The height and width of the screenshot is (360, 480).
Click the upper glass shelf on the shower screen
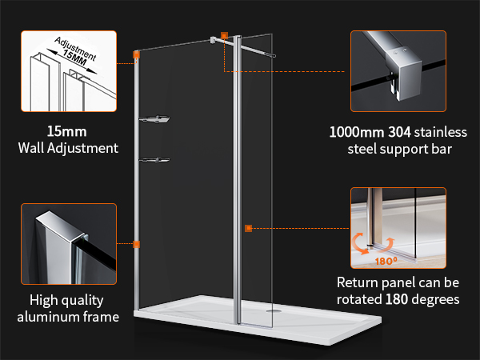coord(154,119)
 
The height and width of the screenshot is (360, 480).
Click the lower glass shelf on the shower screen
coord(154,160)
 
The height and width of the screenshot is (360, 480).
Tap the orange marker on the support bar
coord(224,36)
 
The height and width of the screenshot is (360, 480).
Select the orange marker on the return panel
coord(248,228)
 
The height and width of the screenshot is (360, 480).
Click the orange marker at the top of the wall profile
coord(136,54)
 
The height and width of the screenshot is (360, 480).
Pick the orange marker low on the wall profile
coord(136,244)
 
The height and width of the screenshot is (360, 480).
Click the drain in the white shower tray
coord(274,310)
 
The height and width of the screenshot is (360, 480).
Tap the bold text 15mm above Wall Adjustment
coord(66,132)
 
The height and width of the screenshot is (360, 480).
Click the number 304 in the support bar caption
coord(399,132)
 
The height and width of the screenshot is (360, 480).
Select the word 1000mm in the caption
coord(357,132)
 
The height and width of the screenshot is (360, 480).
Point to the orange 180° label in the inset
coord(386,261)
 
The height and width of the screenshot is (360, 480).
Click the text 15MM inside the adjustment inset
coord(75,58)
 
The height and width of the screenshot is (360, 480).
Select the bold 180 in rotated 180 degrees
coord(397,299)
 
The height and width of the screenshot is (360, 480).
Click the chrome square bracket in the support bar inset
coord(402,74)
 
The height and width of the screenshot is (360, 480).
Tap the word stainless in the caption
coord(441,132)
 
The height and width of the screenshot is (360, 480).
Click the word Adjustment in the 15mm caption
coord(82,148)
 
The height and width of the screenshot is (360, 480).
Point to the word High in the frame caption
coord(42,300)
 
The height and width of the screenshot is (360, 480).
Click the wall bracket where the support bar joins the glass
coord(213,40)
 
